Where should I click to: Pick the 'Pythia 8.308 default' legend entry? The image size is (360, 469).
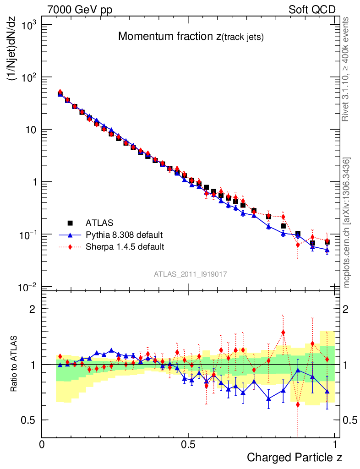click(124, 235)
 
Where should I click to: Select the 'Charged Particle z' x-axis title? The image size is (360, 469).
click(295, 457)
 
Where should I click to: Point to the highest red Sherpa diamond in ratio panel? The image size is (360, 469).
click(283, 333)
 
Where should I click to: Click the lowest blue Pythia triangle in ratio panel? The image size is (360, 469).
click(269, 398)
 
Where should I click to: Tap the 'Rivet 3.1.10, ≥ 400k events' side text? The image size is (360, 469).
click(346, 69)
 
